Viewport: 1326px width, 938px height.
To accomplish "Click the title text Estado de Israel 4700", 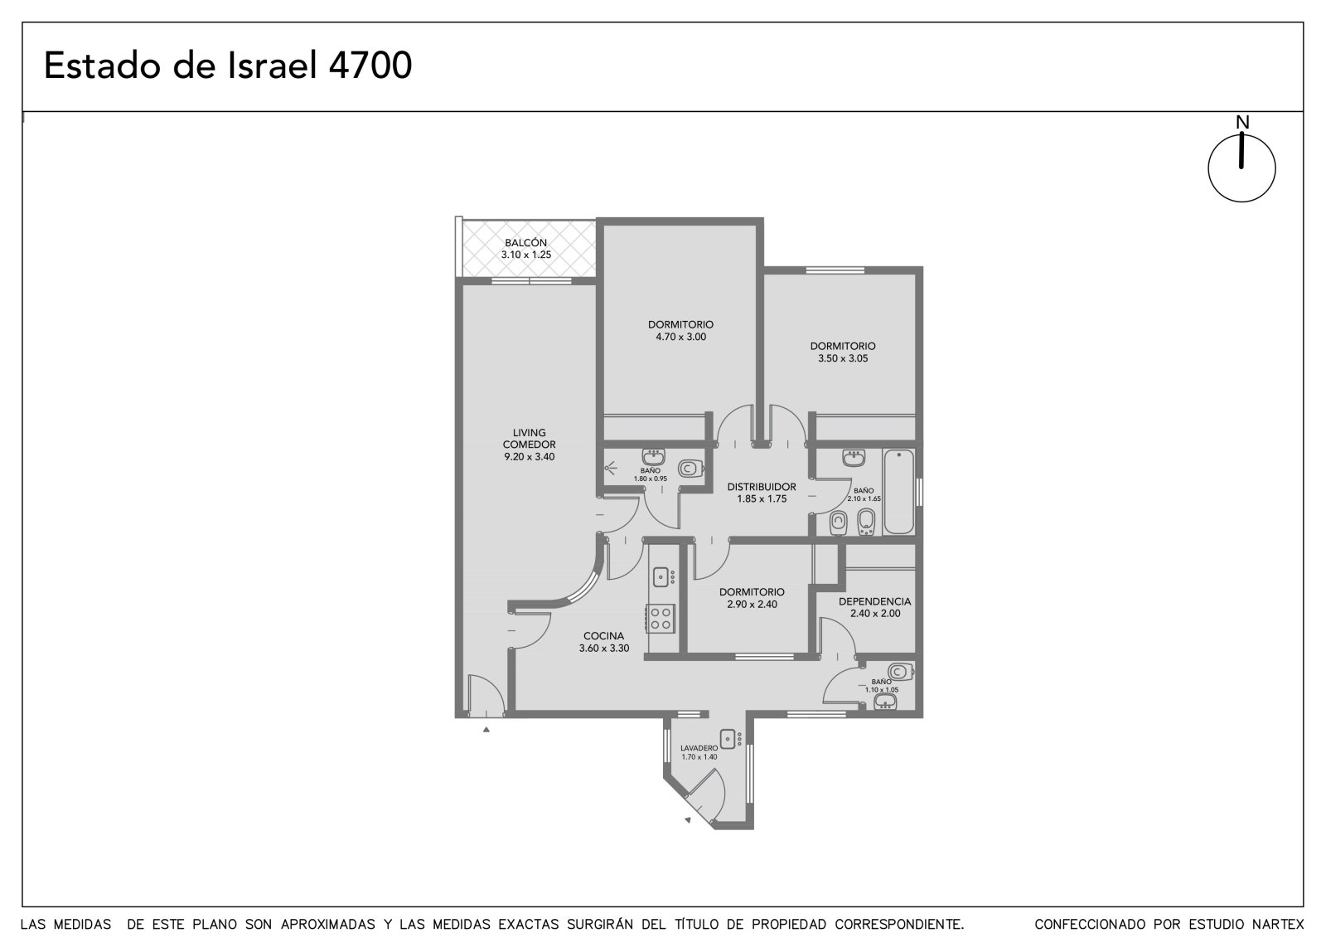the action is tap(228, 66).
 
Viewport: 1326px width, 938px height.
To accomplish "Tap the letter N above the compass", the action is tap(1242, 123).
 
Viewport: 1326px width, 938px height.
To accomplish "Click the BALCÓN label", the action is tap(525, 242).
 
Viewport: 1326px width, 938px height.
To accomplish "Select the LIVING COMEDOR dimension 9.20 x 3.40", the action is tap(530, 457).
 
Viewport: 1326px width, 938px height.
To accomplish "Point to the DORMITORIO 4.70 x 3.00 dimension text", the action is tap(680, 338).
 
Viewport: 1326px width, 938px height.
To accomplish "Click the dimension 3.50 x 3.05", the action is tap(843, 358).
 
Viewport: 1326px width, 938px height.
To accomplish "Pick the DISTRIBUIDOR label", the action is tap(762, 487).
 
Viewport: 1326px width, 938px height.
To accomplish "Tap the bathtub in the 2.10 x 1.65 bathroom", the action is tap(898, 492).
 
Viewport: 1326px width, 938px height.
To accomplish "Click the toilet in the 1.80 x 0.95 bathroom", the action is tap(690, 468).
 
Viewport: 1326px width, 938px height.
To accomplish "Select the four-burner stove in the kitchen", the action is tap(661, 618).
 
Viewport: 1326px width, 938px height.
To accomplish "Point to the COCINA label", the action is tap(604, 636).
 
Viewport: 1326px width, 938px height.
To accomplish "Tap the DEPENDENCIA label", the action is tap(875, 601).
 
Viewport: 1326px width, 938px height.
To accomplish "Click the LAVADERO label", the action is tap(699, 748).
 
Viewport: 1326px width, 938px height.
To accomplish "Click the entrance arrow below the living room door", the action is tap(486, 730).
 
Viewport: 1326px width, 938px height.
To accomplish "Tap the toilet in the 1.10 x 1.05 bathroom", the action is tap(901, 672).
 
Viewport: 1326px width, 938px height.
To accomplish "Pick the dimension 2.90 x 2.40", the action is tap(753, 605).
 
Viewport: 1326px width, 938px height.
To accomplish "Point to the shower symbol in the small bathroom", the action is tap(610, 469).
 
